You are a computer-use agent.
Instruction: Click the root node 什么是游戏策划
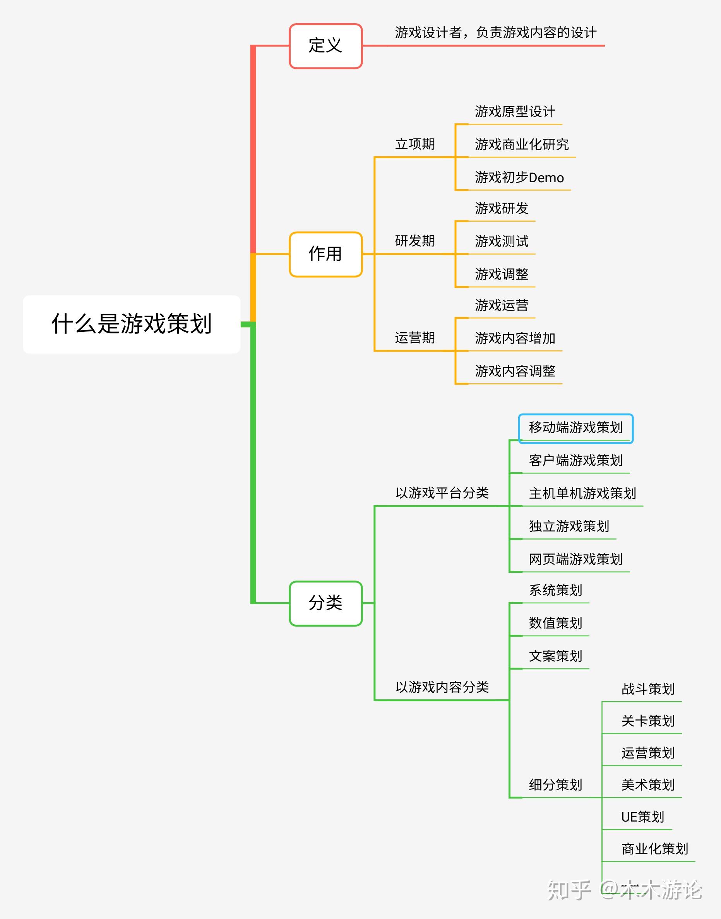131,324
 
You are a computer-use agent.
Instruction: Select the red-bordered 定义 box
325,46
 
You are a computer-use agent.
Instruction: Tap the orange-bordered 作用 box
325,254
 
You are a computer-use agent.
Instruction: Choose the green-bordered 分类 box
325,603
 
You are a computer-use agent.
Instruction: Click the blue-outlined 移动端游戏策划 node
575,428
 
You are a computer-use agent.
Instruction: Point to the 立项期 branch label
414,144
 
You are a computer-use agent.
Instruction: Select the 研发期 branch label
414,241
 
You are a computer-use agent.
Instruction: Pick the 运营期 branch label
414,338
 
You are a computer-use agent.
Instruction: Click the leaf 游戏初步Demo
519,178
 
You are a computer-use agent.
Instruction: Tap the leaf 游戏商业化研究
521,145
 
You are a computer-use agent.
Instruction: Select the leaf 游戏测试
501,241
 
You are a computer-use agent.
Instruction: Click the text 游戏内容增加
515,338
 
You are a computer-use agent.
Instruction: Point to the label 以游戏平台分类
442,493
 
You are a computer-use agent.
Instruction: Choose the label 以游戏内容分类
442,687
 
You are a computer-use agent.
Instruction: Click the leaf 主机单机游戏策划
582,493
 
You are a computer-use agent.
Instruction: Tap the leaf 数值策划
555,623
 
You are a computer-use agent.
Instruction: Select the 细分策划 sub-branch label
555,785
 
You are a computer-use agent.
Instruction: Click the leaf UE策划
642,817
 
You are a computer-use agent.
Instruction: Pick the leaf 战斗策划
647,689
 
